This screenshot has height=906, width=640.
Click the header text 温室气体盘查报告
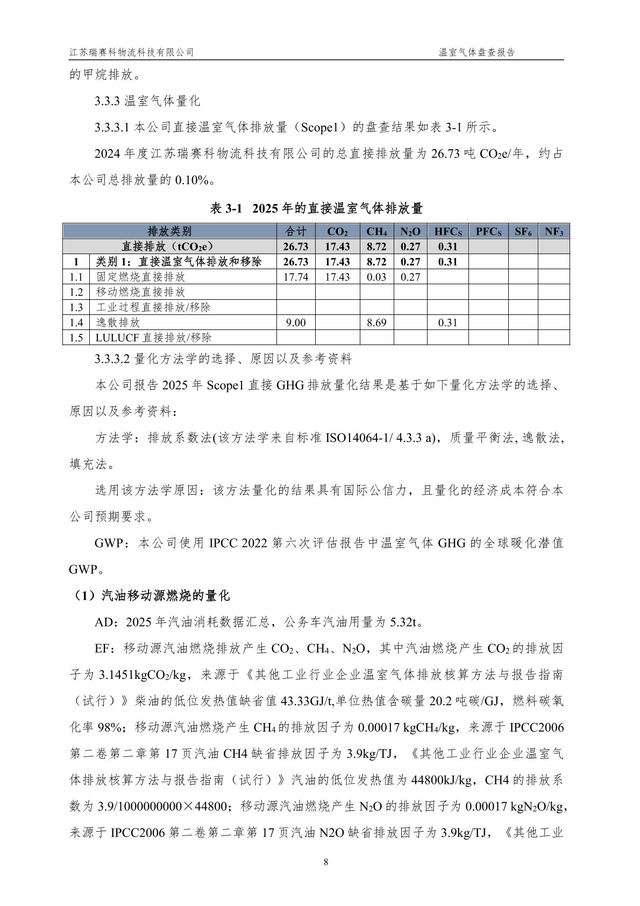tap(477, 52)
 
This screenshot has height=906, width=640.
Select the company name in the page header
tap(132, 52)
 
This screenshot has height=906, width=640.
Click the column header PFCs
tap(488, 231)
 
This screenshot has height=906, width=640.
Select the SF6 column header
tap(523, 231)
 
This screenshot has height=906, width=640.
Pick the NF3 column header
tap(554, 231)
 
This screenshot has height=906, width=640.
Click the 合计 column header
tap(296, 231)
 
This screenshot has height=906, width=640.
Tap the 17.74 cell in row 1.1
tap(296, 277)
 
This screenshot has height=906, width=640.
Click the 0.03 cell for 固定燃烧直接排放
tap(376, 277)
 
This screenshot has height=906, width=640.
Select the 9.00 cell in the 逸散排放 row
tap(296, 322)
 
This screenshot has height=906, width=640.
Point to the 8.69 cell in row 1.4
tap(376, 322)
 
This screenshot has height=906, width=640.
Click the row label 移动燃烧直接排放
tap(140, 292)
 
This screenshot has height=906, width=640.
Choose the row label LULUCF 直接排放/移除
tap(153, 338)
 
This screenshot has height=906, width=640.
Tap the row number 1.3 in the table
tap(76, 307)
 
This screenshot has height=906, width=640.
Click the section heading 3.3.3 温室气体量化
tap(147, 101)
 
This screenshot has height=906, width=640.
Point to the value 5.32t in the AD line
tap(404, 622)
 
